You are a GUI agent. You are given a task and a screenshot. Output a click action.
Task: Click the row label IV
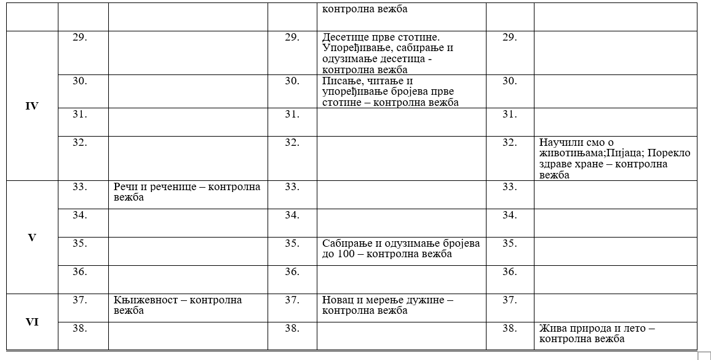click(32, 106)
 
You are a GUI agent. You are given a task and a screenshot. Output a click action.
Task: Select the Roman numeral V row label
click(32, 237)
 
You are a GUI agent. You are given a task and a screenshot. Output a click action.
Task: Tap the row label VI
click(32, 321)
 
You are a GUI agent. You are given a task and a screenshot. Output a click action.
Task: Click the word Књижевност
click(144, 300)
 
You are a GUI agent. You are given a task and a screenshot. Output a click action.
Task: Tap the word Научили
click(561, 143)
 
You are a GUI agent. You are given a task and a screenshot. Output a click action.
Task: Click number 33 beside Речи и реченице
click(79, 186)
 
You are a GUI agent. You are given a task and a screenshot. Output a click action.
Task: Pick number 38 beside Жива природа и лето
click(509, 328)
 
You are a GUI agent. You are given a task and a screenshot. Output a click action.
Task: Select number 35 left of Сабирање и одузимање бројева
click(292, 243)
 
